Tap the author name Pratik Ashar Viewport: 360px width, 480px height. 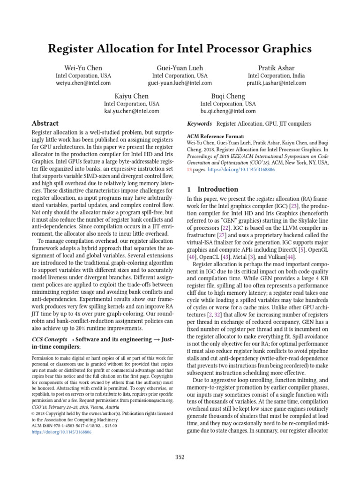coord(277,68)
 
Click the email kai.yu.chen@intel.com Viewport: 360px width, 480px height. coord(132,111)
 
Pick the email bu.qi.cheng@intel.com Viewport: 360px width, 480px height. coord(228,111)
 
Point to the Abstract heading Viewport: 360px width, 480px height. coord(45,123)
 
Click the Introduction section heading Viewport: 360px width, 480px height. coord(217,189)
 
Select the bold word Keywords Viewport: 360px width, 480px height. coord(200,123)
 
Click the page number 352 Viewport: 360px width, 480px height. coord(180,457)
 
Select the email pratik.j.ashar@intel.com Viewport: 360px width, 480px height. coord(277,83)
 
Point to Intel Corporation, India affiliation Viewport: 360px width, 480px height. coord(277,75)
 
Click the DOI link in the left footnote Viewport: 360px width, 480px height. coord(61,432)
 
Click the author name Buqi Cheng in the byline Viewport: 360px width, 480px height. coord(228,96)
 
